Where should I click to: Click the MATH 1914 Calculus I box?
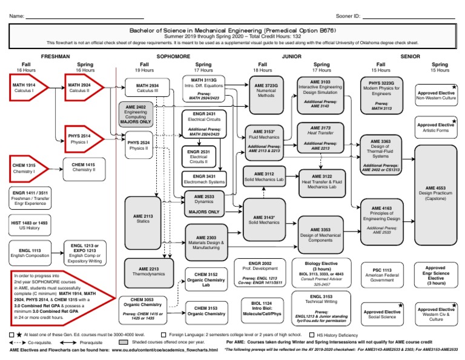[x=26, y=88]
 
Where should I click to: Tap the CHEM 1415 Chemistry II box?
[x=84, y=167]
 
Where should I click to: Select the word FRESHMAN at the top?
[x=57, y=56]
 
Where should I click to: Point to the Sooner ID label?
[x=348, y=15]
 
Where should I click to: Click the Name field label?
[x=17, y=15]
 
